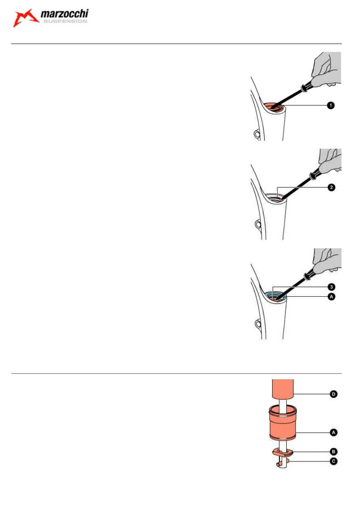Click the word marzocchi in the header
tap(65, 16)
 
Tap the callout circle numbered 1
tap(330, 106)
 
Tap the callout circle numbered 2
tap(330, 188)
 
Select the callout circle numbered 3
tap(330, 287)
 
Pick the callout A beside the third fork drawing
tap(330, 296)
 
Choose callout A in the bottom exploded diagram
tap(333, 432)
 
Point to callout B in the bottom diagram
tap(333, 451)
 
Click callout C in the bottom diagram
tap(333, 461)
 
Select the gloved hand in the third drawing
tap(329, 262)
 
